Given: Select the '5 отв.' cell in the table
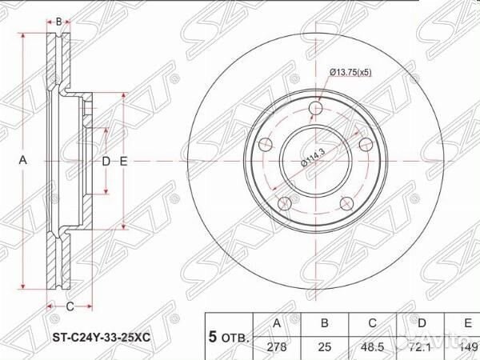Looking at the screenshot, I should click(229, 338).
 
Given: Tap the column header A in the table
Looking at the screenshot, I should click(277, 323).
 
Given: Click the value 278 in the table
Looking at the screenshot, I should click(277, 347).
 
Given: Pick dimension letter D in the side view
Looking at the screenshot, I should click(106, 161).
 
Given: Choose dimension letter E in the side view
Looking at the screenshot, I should click(124, 161).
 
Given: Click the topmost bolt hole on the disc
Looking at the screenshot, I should click(316, 109).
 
